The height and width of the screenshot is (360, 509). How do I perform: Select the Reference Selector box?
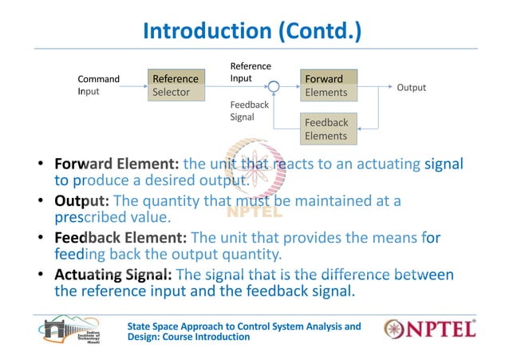pos(176,85)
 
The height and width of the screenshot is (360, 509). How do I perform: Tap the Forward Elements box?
pos(328,85)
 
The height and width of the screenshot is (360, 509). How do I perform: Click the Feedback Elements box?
pos(328,129)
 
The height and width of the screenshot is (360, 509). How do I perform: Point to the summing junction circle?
pos(274,85)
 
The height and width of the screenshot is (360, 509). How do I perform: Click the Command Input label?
pos(98,85)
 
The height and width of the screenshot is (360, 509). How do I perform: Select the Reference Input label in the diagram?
pos(251,73)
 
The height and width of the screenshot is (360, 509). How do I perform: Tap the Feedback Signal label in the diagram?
pos(250,110)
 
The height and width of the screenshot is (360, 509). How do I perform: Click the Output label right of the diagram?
pos(411,88)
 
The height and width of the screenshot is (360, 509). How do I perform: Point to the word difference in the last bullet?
pos(360,275)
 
